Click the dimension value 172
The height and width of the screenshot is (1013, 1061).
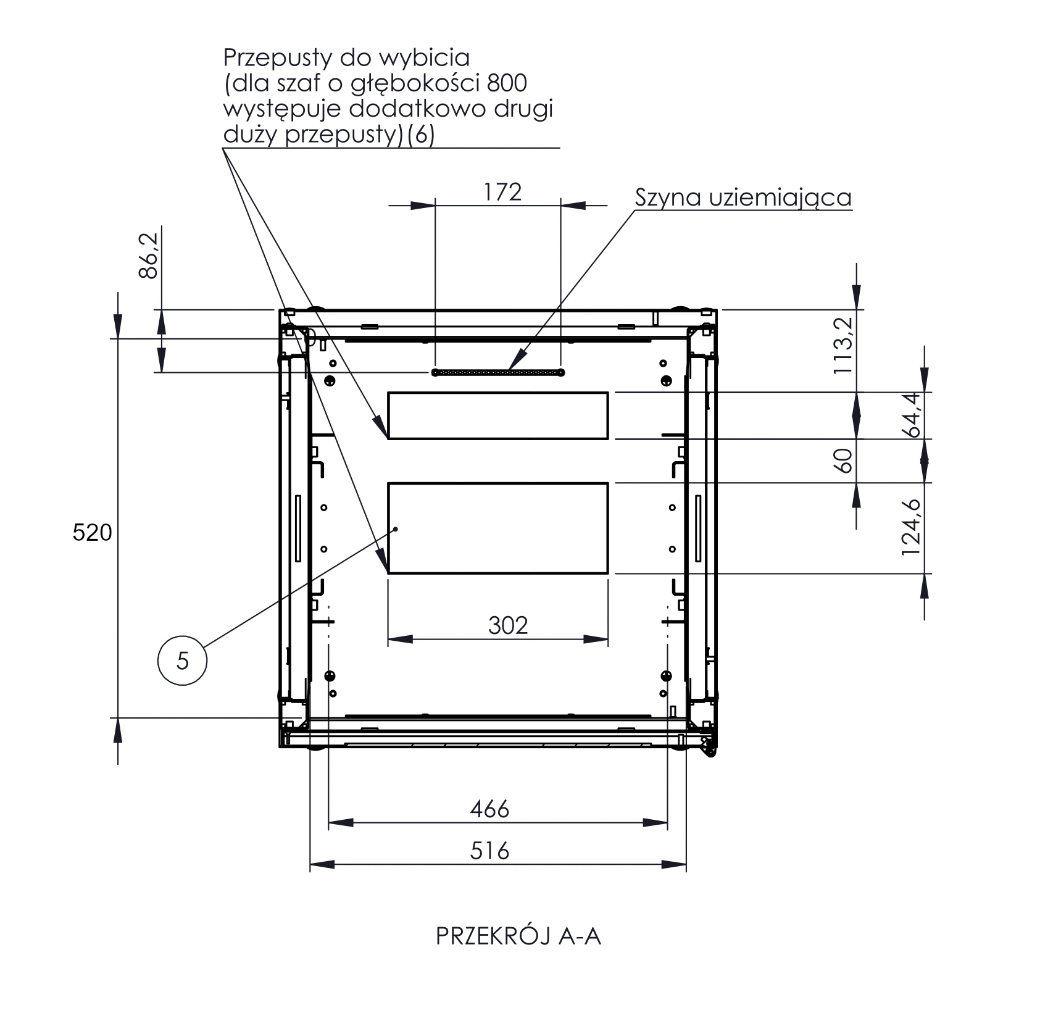(x=503, y=192)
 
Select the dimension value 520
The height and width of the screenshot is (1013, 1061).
(x=93, y=532)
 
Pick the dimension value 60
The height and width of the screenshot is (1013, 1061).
(x=843, y=461)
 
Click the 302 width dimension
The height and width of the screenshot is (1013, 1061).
(x=508, y=626)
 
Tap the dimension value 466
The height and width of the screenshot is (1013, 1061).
(x=489, y=809)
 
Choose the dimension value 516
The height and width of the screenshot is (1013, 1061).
(x=489, y=851)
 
